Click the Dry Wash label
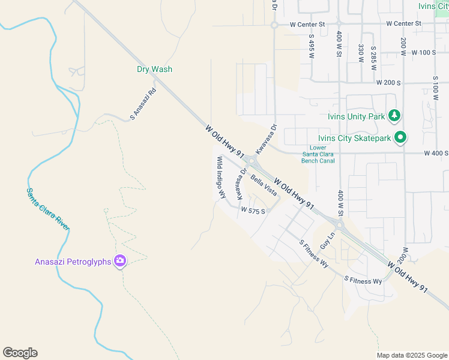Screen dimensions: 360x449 154,69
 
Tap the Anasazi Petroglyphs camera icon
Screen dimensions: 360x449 120,261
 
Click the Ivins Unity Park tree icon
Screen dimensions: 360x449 394,115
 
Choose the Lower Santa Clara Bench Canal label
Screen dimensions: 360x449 318,154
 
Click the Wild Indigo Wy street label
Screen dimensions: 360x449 221,178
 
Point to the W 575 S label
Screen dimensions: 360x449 253,211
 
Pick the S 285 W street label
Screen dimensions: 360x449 373,55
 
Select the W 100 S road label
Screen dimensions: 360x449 424,53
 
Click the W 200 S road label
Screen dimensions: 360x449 388,82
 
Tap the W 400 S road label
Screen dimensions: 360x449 436,154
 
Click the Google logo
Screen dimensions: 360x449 20,353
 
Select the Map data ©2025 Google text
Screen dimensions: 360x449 411,355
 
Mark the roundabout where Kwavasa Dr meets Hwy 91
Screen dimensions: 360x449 251,161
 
